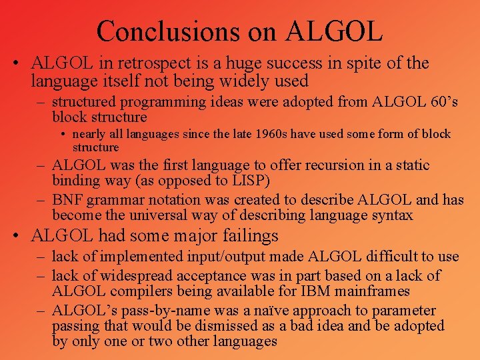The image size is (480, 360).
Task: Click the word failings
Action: pos(249,236)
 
